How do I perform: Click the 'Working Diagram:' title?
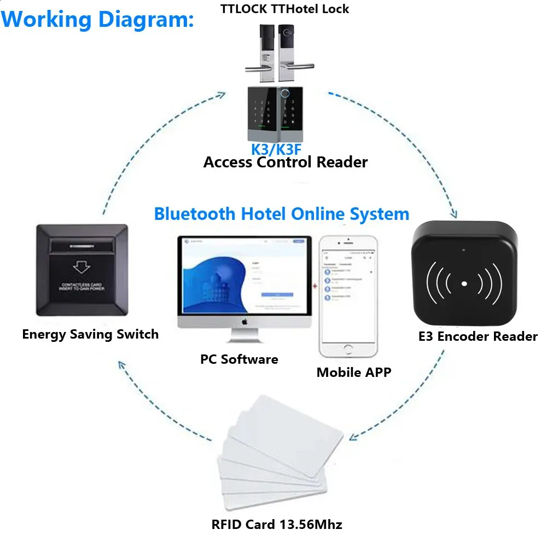coord(98,19)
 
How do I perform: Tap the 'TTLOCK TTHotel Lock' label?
coord(284,9)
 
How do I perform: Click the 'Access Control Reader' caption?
coord(285,162)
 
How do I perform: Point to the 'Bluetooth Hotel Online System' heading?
coord(281,213)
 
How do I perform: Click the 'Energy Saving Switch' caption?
coord(90,334)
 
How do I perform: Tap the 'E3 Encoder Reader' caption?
coord(478,336)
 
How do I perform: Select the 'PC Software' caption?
coord(239,359)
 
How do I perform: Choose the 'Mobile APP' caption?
coord(354,373)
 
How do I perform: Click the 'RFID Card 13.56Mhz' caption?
coord(277,525)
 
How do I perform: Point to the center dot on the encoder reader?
coord(464,284)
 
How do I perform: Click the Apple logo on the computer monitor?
coord(245,322)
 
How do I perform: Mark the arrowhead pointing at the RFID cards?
coord(353,437)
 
